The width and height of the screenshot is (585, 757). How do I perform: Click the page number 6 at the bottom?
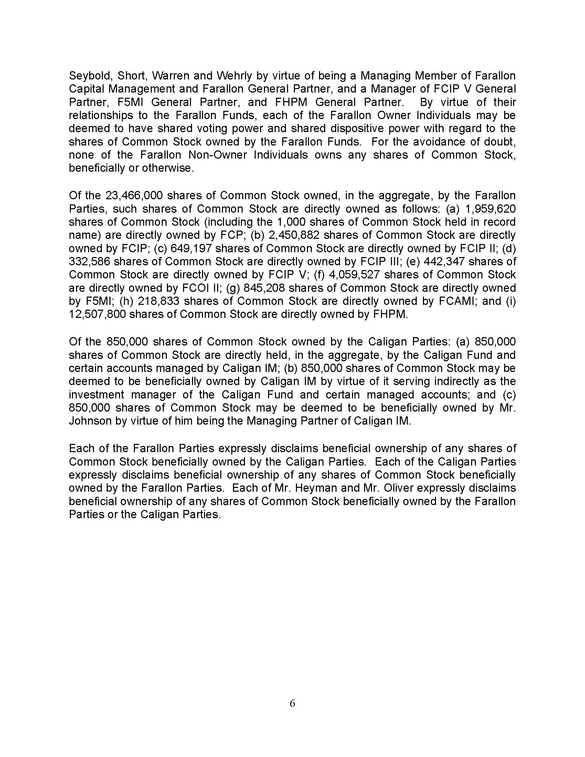[x=292, y=703]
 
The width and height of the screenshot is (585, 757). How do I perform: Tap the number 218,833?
[x=158, y=301]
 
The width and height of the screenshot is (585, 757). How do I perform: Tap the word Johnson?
[x=91, y=421]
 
